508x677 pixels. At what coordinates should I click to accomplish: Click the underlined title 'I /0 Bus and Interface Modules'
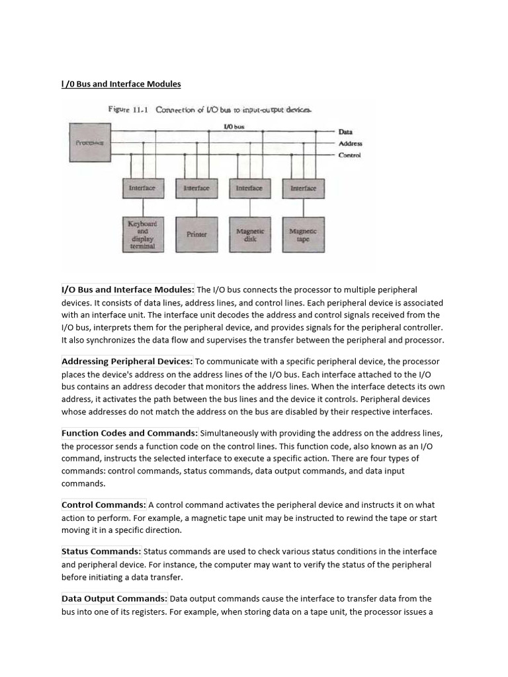click(x=121, y=84)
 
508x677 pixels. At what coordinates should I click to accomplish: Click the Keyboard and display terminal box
click(x=142, y=234)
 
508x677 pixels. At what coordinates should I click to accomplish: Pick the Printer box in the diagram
click(x=196, y=234)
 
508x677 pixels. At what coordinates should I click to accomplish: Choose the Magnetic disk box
click(x=250, y=234)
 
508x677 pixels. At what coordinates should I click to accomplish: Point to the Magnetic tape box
click(x=304, y=234)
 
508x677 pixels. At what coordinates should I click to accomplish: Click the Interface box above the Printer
click(x=196, y=188)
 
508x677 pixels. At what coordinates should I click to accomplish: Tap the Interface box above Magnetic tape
click(x=304, y=188)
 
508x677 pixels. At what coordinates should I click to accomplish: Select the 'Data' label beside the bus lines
click(x=345, y=132)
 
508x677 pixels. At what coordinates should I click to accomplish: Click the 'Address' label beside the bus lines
click(x=350, y=143)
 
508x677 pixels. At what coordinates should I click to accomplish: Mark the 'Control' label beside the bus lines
click(x=349, y=155)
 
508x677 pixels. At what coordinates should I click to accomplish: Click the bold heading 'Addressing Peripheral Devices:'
click(x=127, y=361)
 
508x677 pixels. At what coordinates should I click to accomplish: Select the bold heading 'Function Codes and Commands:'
click(x=130, y=433)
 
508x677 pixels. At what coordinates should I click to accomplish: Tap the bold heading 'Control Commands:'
click(x=104, y=505)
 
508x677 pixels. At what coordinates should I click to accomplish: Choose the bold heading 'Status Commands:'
click(x=101, y=551)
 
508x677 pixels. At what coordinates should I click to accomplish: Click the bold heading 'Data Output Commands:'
click(x=114, y=598)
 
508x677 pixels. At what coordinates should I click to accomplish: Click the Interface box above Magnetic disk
click(x=249, y=188)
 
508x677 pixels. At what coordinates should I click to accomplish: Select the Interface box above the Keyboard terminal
click(x=142, y=188)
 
